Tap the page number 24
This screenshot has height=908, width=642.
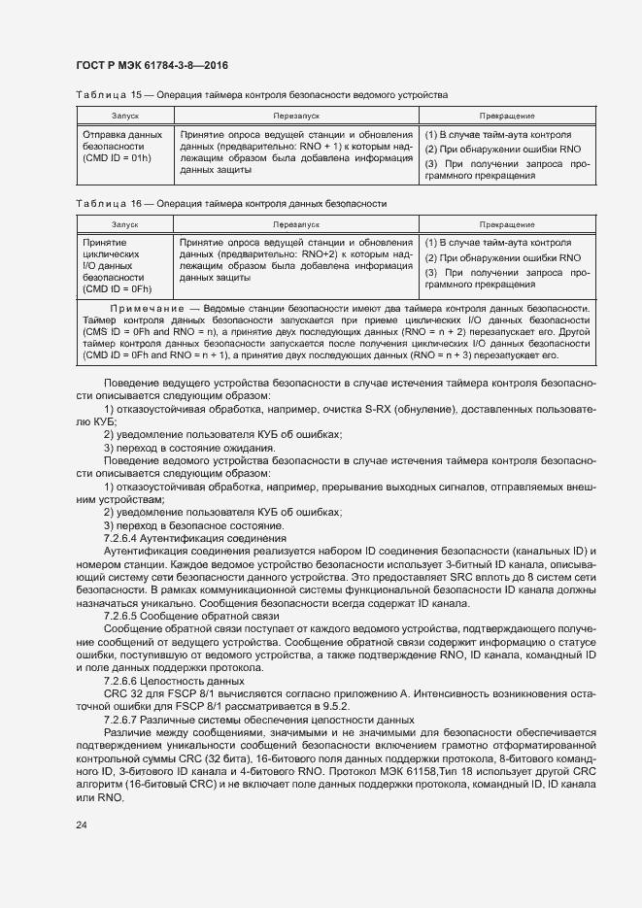pyautogui.click(x=82, y=825)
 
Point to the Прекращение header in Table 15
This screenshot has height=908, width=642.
pyautogui.click(x=506, y=116)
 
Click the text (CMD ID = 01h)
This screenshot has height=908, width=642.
pyautogui.click(x=118, y=157)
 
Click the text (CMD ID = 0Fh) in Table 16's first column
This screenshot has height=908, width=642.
pyautogui.click(x=118, y=288)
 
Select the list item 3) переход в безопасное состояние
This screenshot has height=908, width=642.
pyautogui.click(x=182, y=524)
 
